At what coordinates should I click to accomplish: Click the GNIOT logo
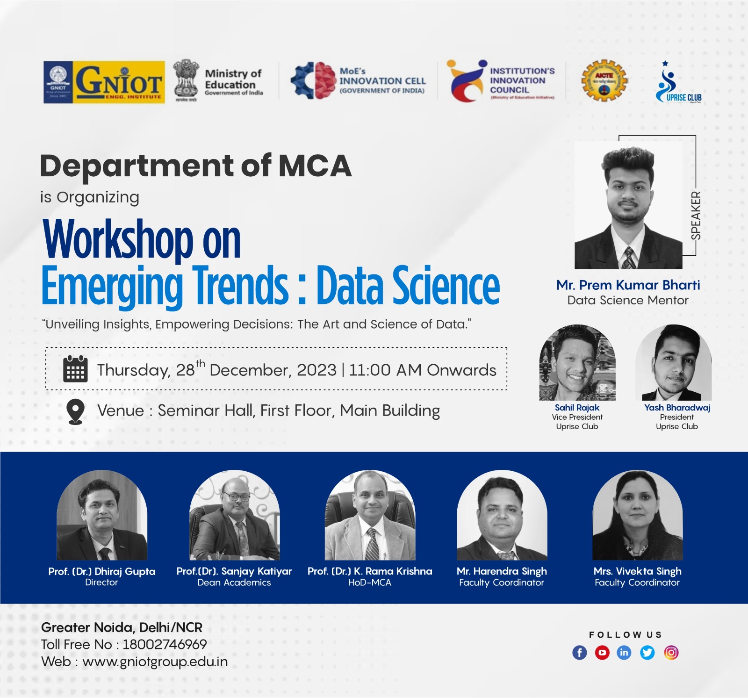pos(104,82)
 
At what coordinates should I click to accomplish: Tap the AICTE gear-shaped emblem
pos(604,80)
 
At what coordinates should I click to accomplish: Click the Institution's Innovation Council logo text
pos(522,80)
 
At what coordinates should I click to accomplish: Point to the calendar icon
pos(75,369)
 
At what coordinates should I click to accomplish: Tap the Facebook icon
pos(580,653)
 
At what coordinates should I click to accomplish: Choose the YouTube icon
pos(602,653)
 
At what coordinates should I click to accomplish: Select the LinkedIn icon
pos(624,653)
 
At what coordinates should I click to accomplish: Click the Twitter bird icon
pos(647,653)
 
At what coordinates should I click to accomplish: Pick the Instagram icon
pos(671,653)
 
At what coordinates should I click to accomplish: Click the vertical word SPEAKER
pos(696,216)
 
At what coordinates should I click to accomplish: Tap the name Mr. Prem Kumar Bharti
pos(628,285)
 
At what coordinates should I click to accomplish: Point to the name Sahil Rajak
pos(577,408)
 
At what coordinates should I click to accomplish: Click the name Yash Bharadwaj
pos(677,408)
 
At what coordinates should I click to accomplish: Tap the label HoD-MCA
pos(369,583)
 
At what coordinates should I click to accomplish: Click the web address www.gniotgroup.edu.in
pos(155,662)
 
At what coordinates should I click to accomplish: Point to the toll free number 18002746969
pos(165,644)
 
